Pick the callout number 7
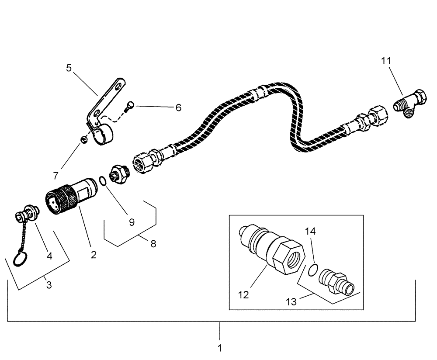[55, 176]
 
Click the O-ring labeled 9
[101, 180]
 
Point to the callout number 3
[49, 285]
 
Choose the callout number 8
[153, 244]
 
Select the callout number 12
[243, 295]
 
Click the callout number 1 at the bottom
[220, 348]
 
